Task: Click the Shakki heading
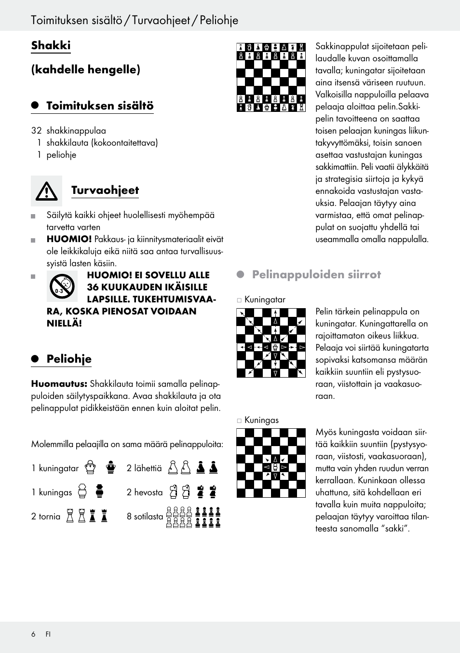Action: [x=51, y=45]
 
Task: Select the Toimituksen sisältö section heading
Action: [x=99, y=106]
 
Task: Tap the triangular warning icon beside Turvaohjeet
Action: [x=47, y=191]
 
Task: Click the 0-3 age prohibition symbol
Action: [x=62, y=287]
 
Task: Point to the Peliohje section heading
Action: [x=68, y=359]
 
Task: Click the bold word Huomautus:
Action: [x=59, y=384]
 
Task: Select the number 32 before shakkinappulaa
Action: [x=36, y=131]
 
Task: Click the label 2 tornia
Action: [x=46, y=517]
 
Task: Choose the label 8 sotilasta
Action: [x=145, y=517]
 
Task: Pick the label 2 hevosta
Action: [x=145, y=492]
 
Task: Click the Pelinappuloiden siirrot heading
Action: [x=316, y=274]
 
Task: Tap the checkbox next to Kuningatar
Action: [x=239, y=300]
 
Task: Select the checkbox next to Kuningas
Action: [x=239, y=421]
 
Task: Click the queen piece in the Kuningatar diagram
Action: [x=275, y=347]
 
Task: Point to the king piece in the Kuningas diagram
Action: [x=275, y=467]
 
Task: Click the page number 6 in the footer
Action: [x=33, y=634]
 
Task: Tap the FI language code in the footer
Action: [x=48, y=634]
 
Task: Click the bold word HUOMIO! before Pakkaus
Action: [x=69, y=239]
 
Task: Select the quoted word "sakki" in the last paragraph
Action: [x=394, y=529]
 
